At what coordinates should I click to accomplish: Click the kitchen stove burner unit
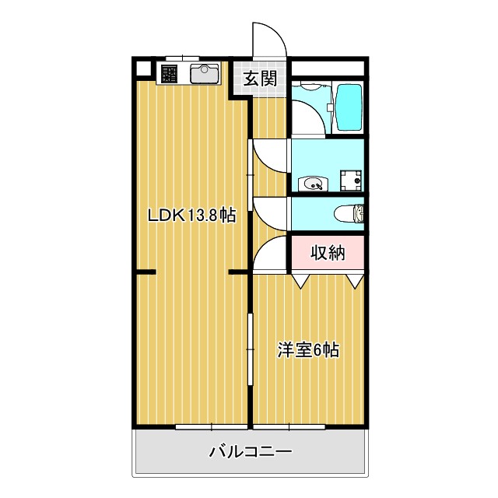point(170,74)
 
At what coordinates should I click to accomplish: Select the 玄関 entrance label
point(258,78)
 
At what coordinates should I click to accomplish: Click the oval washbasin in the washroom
point(315,184)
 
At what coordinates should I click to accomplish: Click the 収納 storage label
point(327,252)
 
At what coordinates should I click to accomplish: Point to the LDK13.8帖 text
point(192,216)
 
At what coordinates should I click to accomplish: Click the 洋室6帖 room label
point(308,350)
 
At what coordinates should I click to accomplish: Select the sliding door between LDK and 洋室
point(250,349)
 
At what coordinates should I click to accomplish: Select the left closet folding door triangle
point(301,280)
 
